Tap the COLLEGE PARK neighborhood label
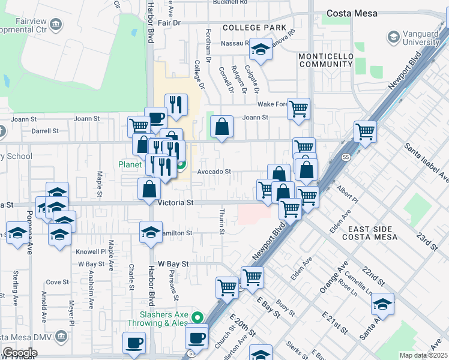[x=250, y=28]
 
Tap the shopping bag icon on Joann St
[x=222, y=127]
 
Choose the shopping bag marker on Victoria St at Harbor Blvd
[x=149, y=189]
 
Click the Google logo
[x=19, y=353]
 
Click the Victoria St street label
[x=175, y=203]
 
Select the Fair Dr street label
[x=169, y=23]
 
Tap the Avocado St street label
[x=214, y=172]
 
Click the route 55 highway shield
[x=347, y=156]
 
